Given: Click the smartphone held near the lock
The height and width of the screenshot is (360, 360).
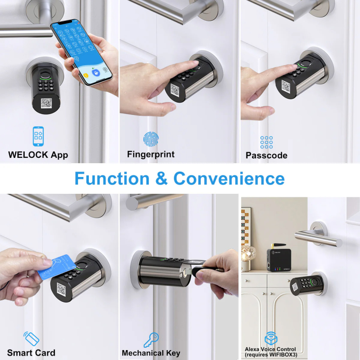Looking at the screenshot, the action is (81, 52).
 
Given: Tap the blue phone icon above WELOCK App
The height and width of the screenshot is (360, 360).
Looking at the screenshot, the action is (38, 136).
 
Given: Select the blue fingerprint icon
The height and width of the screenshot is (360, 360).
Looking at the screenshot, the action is (151, 139).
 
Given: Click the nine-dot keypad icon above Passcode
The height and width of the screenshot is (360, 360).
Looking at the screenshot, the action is (267, 143).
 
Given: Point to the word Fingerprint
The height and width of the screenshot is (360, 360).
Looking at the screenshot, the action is (151, 154).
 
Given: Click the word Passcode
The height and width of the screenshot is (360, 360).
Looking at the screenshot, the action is (266, 155).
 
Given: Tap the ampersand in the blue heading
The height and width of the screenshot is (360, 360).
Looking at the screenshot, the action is (161, 179).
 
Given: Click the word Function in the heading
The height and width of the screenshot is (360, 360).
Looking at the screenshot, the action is (112, 179).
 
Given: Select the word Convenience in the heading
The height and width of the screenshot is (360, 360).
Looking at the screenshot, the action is (229, 179).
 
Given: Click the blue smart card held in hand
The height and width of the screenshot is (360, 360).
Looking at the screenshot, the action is (57, 267).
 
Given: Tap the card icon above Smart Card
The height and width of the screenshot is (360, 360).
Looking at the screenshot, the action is (32, 338).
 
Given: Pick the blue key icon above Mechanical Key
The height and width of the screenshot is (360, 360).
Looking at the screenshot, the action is (151, 340).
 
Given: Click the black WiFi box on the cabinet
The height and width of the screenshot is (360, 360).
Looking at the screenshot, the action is (279, 259).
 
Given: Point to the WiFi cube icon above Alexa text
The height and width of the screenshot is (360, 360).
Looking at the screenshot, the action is (271, 338).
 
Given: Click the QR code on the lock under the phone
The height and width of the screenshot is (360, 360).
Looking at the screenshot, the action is (46, 104).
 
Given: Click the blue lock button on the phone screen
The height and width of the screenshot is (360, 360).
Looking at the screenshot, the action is (96, 73).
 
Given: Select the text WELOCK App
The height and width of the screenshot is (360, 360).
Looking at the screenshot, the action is (38, 155).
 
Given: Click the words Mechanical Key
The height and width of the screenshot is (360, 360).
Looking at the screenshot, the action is (151, 353).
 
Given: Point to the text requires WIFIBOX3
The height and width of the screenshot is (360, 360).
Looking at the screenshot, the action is (271, 355).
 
